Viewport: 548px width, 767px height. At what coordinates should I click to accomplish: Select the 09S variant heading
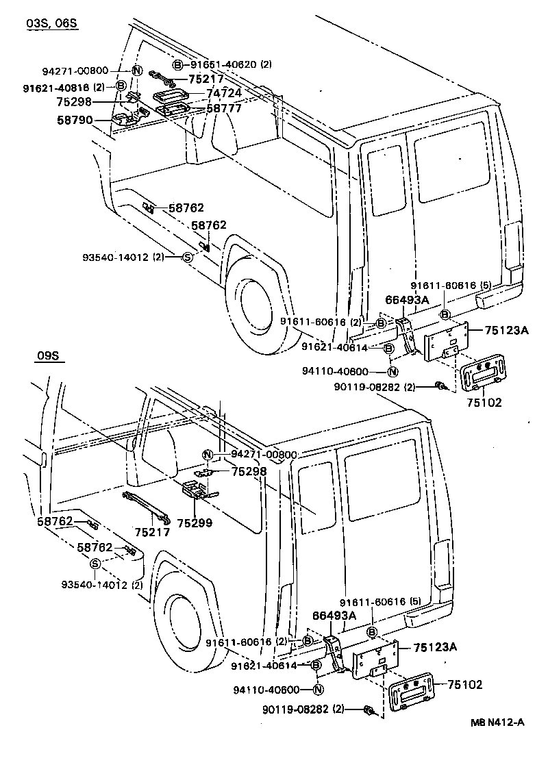(x=49, y=356)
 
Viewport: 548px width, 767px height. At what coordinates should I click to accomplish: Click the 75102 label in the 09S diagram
(x=466, y=685)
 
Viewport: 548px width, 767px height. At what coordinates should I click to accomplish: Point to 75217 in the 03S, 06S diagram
(x=207, y=79)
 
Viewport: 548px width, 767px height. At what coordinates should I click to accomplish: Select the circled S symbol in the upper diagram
(x=186, y=257)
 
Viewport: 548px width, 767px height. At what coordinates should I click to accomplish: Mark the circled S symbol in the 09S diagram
(x=95, y=564)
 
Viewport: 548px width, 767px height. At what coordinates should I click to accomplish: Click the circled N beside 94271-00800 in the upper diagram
(x=136, y=70)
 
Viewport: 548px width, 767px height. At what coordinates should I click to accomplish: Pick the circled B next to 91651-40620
(x=178, y=65)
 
